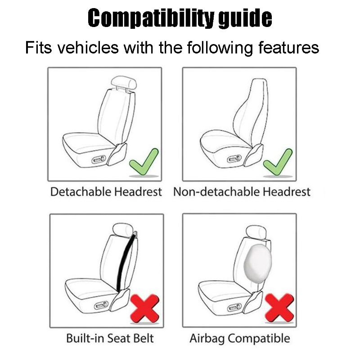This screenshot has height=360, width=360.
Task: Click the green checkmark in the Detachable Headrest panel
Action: (144, 162)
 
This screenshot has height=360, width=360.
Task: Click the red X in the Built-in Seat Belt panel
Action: (145, 308)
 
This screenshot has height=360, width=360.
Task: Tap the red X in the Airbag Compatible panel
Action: (279, 308)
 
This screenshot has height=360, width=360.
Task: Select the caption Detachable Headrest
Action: (106, 192)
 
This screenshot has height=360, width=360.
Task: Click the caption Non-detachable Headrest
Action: (242, 192)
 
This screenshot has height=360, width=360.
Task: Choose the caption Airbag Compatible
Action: (239, 338)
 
